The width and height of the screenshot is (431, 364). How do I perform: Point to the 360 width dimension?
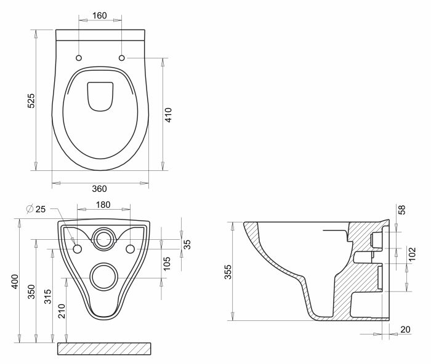100,188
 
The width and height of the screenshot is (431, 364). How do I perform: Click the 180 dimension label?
103,204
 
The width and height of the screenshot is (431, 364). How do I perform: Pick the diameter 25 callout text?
36,210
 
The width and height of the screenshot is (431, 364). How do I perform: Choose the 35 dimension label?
188,244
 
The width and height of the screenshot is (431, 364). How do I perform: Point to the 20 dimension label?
405,330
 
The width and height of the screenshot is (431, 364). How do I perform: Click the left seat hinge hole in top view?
78,58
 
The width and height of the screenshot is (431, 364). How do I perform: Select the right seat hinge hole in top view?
121,58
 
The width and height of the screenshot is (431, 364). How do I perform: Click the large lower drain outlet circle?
103,276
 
